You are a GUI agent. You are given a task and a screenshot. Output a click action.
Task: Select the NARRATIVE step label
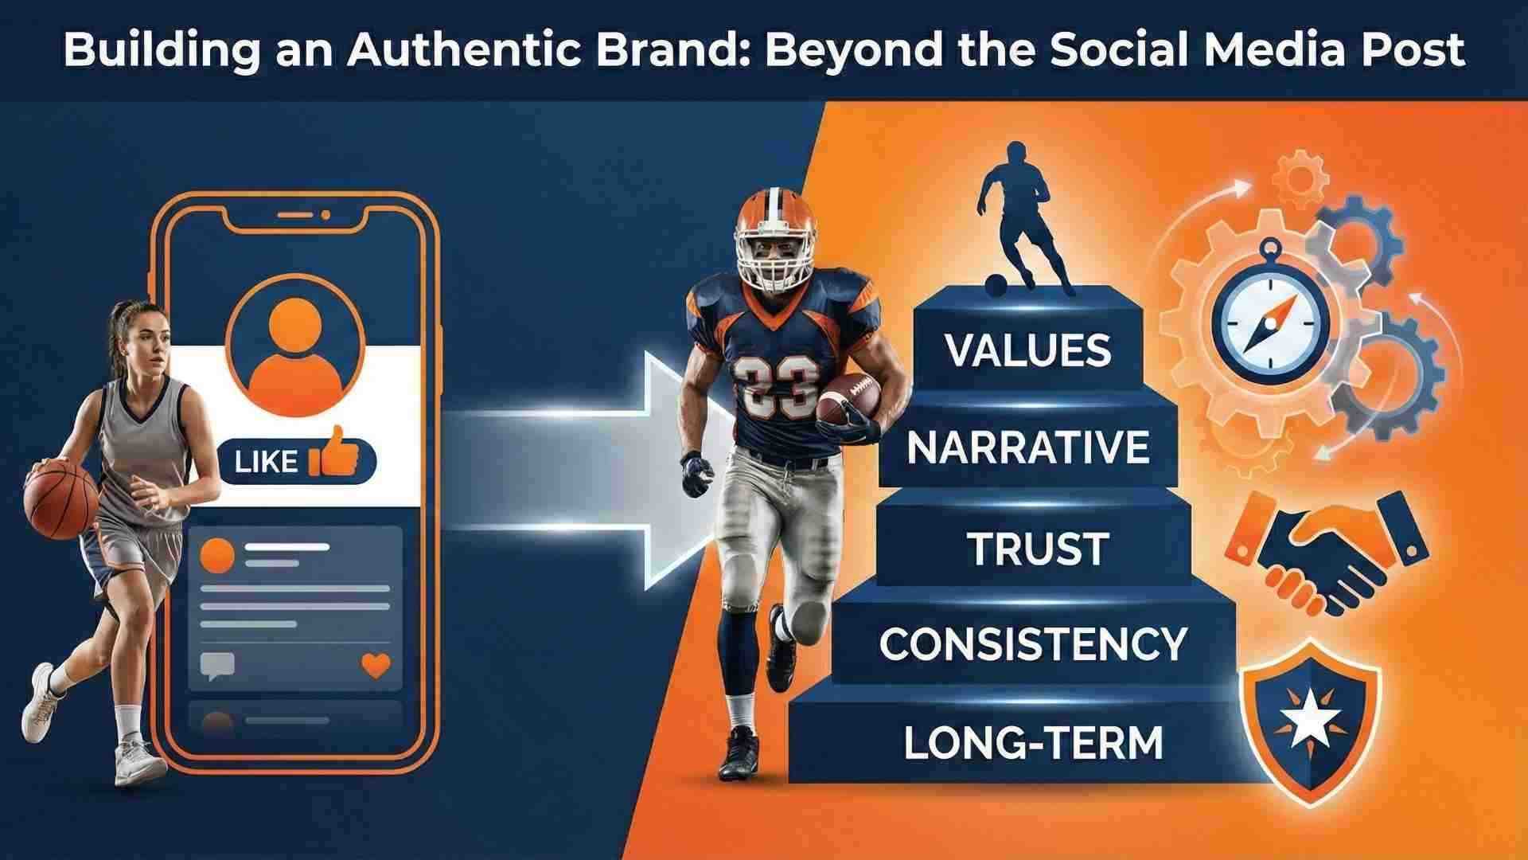[1027, 448]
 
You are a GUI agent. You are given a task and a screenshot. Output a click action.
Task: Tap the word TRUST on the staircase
[1038, 549]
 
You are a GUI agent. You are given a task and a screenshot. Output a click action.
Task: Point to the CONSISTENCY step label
[1033, 643]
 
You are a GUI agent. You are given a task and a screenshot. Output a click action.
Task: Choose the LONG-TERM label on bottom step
[1033, 743]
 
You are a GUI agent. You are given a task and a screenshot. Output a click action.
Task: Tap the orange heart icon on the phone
[376, 665]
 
